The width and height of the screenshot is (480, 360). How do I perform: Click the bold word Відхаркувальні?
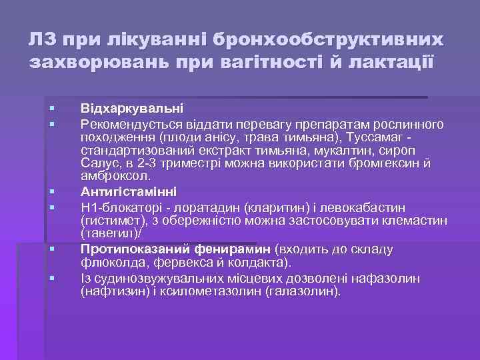[132, 108]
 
